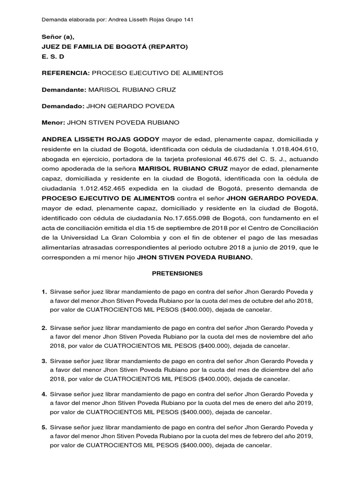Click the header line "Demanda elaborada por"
pos(118,20)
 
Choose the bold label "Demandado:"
pos(63,106)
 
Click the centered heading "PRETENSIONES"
pos(180,272)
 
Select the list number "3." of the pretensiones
pos(45,361)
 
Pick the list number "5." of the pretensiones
pos(45,428)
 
